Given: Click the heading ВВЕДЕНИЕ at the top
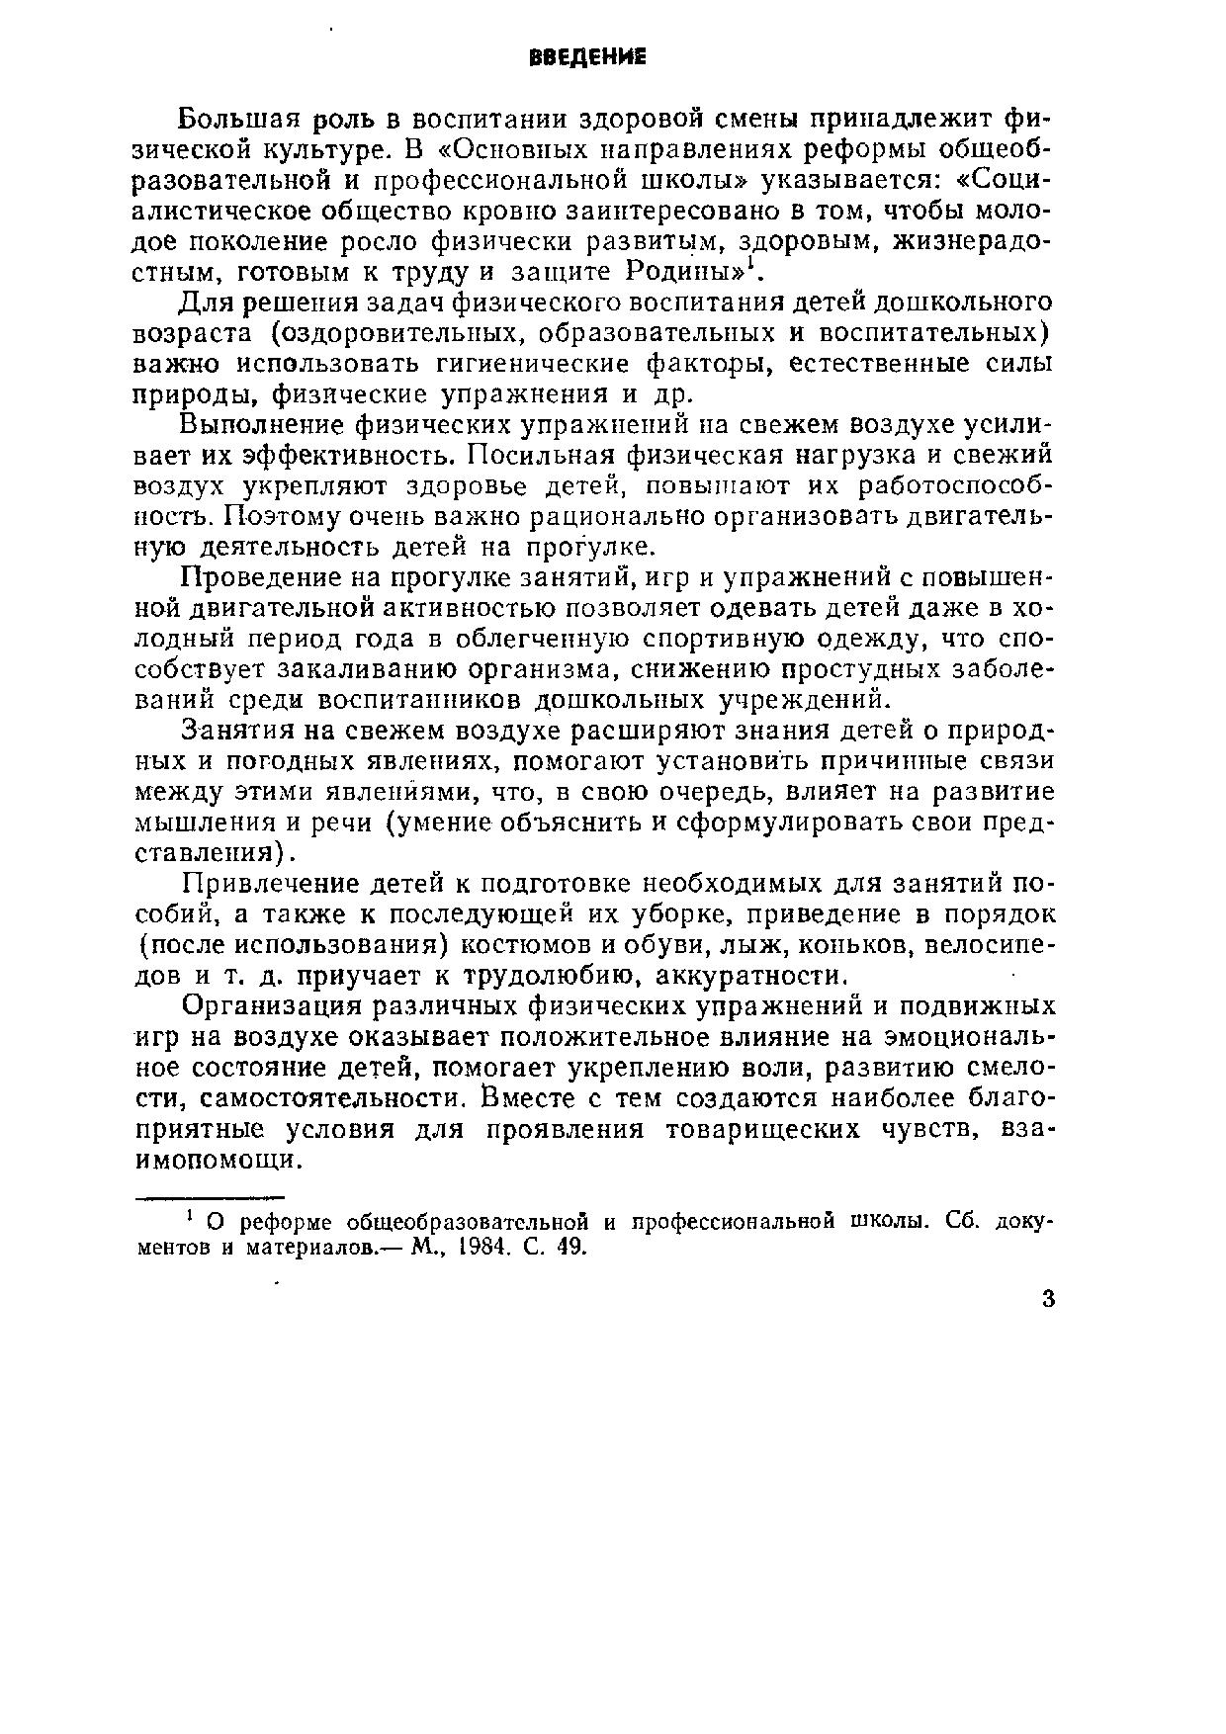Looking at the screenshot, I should (x=587, y=57).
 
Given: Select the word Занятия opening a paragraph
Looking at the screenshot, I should (x=234, y=731).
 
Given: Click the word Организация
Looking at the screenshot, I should (x=261, y=1006).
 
